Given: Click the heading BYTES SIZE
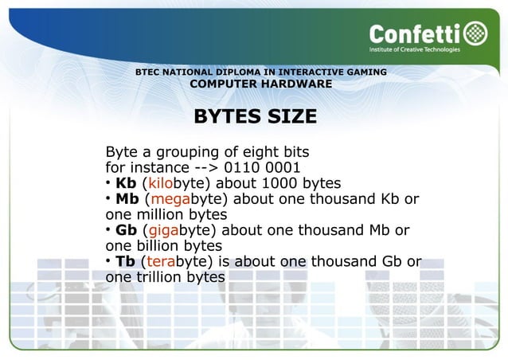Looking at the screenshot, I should pos(255,117).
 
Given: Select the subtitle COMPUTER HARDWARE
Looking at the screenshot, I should pos(261,84).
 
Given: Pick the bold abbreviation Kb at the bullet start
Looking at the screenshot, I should pos(126,183).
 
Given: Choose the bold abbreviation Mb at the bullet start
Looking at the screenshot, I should pos(127,199).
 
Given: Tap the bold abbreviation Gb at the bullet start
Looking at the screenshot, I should pos(127,230).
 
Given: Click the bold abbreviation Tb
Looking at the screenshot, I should pos(126,261).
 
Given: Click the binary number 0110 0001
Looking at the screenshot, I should pos(262,168).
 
